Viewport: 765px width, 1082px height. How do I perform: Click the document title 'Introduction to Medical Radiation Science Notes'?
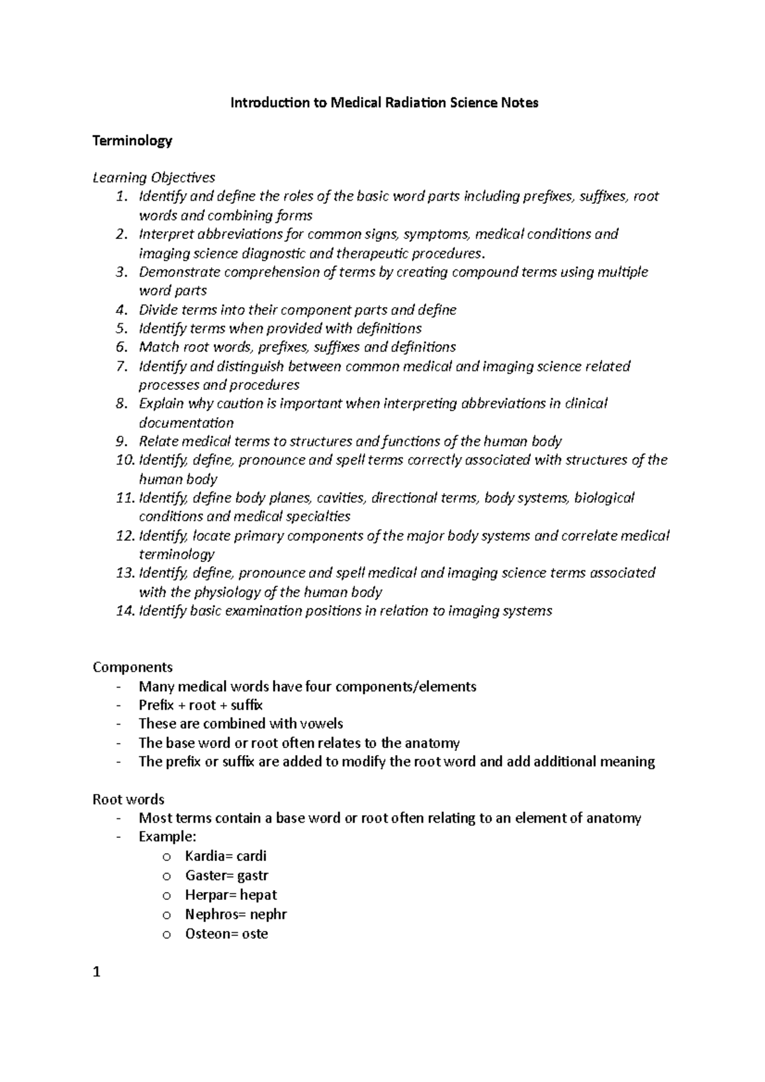(384, 103)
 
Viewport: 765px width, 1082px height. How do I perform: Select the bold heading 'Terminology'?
(132, 140)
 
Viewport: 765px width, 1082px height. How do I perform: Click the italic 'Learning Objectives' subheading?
(154, 177)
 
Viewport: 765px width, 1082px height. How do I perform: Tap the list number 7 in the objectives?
(122, 366)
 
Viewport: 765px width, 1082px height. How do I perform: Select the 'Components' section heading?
(133, 667)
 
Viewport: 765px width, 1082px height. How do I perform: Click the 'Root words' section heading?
(128, 799)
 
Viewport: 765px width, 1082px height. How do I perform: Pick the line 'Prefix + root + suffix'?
(200, 705)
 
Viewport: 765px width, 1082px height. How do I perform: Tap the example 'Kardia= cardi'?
(225, 856)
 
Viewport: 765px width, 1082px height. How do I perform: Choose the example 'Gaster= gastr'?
(226, 876)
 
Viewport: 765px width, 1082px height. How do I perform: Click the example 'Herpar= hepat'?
(230, 895)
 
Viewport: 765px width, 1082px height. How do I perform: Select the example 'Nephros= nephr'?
(235, 914)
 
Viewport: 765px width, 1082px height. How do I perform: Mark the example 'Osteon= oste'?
(226, 934)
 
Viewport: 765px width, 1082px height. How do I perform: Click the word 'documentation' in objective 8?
(186, 423)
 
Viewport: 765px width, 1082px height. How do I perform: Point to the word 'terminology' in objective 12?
(177, 554)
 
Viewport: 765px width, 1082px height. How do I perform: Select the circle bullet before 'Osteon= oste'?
(167, 935)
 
